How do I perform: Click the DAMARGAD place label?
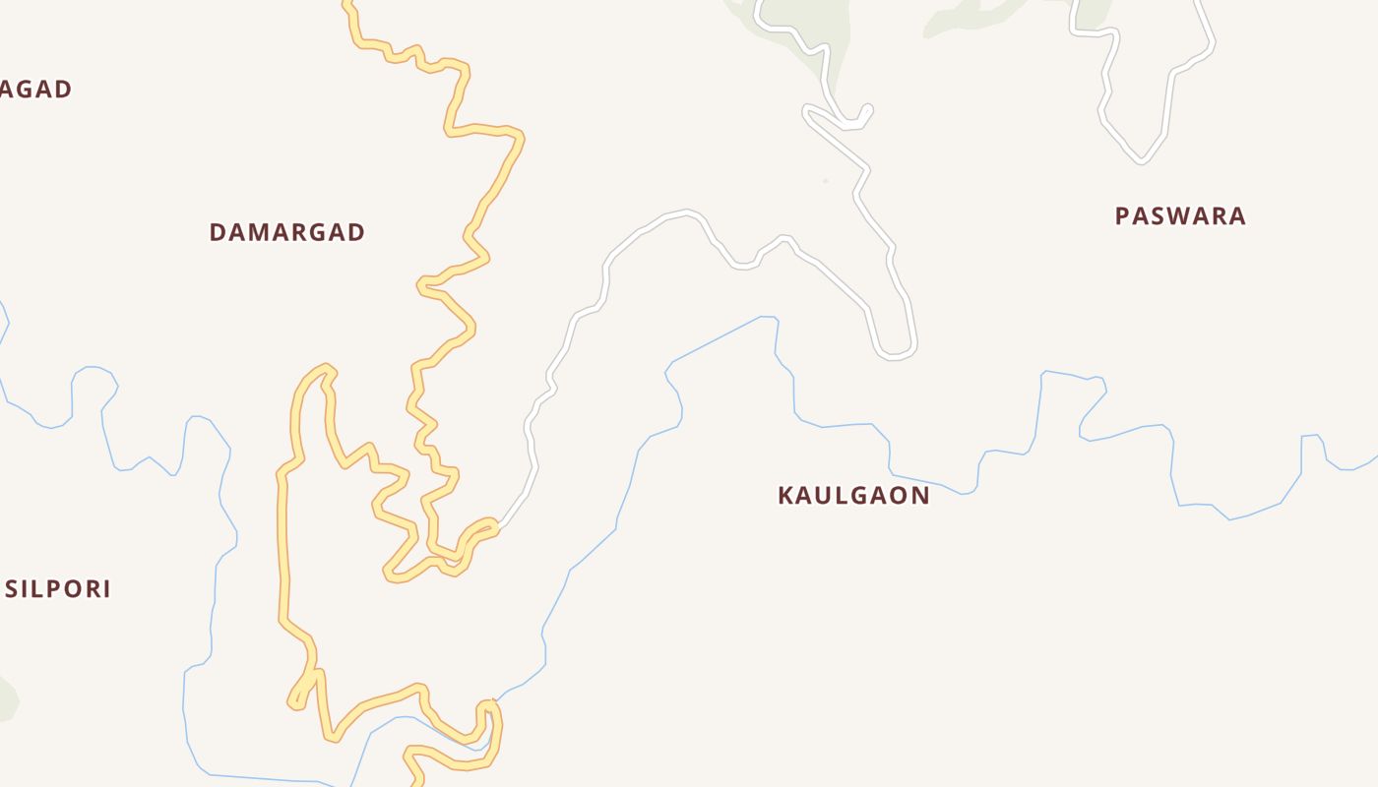[x=286, y=232]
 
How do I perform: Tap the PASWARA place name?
[x=1180, y=215]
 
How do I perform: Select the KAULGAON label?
[x=853, y=495]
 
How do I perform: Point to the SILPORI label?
[x=58, y=589]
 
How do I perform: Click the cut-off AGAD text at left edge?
[x=35, y=90]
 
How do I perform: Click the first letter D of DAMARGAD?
[x=218, y=232]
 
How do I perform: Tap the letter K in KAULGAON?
[x=785, y=495]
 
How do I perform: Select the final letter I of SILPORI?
[x=106, y=589]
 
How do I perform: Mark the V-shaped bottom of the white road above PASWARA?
[x=1142, y=158]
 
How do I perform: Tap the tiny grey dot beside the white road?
[x=825, y=181]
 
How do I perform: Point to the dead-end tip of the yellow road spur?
[x=294, y=702]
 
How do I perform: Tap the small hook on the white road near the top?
[x=864, y=110]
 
